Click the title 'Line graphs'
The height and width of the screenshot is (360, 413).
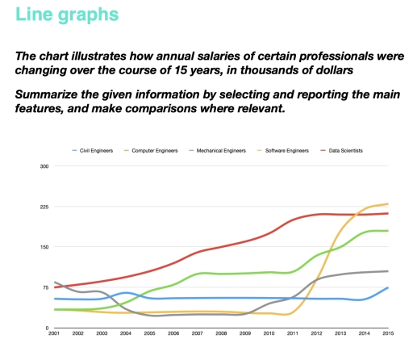(x=65, y=15)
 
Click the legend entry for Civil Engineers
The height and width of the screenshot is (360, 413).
(x=118, y=150)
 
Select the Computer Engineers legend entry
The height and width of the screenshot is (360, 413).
(x=178, y=150)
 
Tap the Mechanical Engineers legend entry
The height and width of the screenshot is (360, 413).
(x=245, y=150)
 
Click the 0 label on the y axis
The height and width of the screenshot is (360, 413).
(x=47, y=328)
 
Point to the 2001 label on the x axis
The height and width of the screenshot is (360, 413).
(x=54, y=333)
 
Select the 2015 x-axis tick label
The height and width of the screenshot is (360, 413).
(x=388, y=333)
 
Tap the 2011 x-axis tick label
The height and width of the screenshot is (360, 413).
(x=293, y=333)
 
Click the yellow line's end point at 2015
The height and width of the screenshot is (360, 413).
(x=388, y=204)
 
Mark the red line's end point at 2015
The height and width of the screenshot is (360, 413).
(x=388, y=213)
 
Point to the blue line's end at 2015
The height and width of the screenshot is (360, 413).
(x=388, y=287)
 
